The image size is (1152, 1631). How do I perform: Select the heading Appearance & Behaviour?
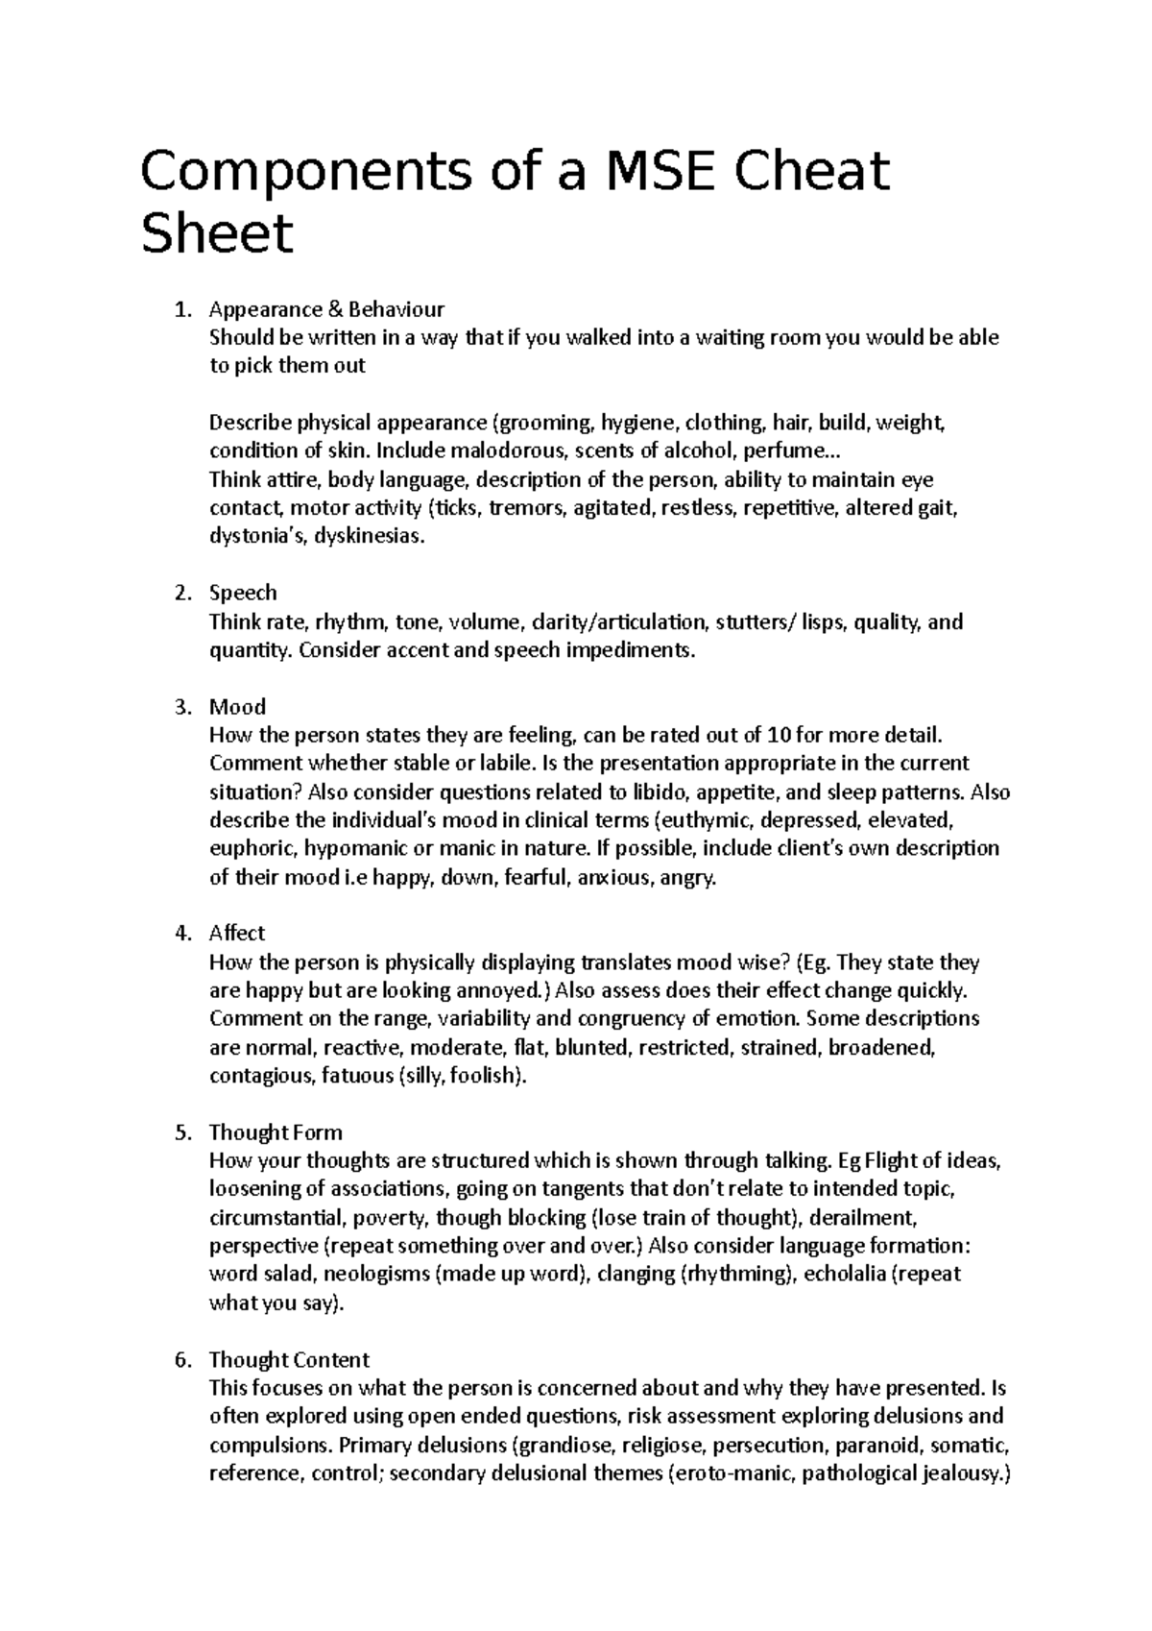tap(326, 309)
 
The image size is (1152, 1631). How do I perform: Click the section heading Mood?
tap(237, 707)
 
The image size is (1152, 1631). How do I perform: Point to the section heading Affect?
tap(237, 933)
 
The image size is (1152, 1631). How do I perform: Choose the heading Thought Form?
tap(276, 1132)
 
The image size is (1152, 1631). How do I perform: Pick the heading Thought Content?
tap(289, 1359)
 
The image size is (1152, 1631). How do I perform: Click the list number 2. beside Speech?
tap(184, 593)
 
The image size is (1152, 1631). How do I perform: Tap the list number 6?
tap(184, 1359)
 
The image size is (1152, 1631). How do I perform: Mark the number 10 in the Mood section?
tap(780, 736)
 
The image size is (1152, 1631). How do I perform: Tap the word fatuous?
tap(355, 1076)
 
